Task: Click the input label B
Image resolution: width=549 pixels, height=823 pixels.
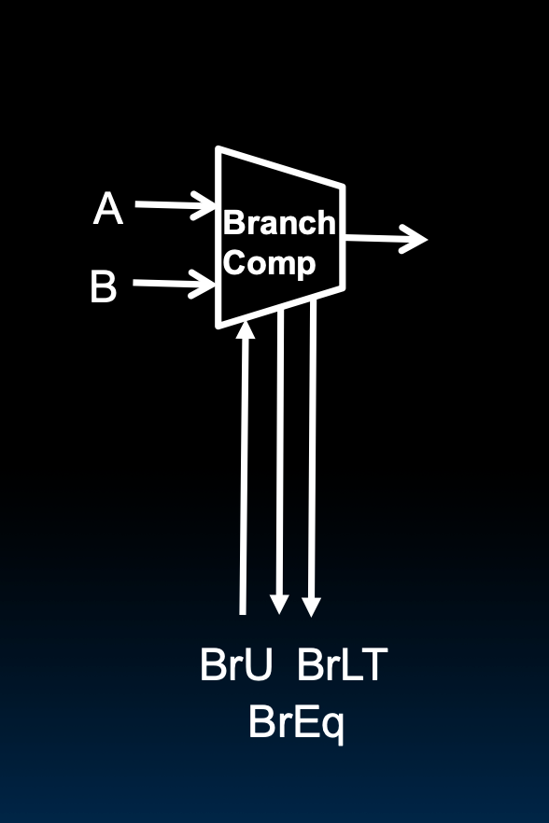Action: tap(104, 286)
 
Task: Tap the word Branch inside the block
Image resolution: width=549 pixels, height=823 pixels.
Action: tap(278, 223)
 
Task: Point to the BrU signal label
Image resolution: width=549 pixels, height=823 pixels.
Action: tap(236, 666)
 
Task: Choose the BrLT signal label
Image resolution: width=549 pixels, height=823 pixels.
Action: tap(342, 666)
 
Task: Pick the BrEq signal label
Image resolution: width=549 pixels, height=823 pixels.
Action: tap(296, 721)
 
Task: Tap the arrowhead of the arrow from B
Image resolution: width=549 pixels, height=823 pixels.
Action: tap(206, 284)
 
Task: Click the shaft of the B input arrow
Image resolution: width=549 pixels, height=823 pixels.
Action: tap(163, 282)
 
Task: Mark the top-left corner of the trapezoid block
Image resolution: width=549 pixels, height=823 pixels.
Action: tap(218, 149)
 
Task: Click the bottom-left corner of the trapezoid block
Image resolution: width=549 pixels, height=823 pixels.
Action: tap(218, 326)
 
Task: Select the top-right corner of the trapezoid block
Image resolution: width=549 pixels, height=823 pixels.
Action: tap(344, 186)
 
